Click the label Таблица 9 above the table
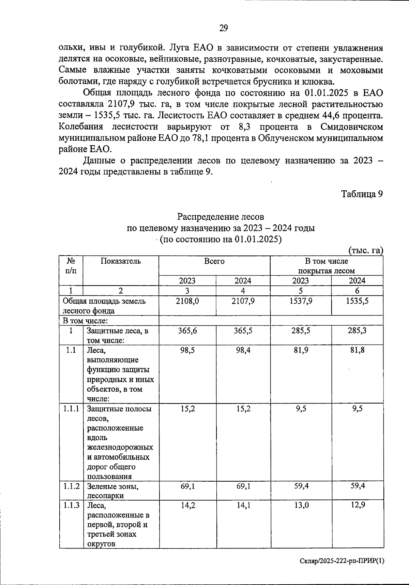[x=362, y=194]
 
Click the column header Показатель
[x=121, y=261]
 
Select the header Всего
[x=214, y=261]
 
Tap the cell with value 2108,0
[x=187, y=301]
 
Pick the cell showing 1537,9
[x=301, y=301]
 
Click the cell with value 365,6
[x=187, y=331]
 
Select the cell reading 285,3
[x=357, y=331]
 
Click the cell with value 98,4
[x=243, y=350]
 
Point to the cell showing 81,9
[x=301, y=350]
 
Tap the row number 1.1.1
[x=71, y=409]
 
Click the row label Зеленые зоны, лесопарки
[x=113, y=491]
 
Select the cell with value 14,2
[x=187, y=506]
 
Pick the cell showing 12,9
[x=358, y=505]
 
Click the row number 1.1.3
[x=71, y=506]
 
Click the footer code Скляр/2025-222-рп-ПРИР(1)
[x=342, y=561]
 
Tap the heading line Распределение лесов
[x=221, y=217]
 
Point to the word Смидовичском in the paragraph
[x=351, y=127]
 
